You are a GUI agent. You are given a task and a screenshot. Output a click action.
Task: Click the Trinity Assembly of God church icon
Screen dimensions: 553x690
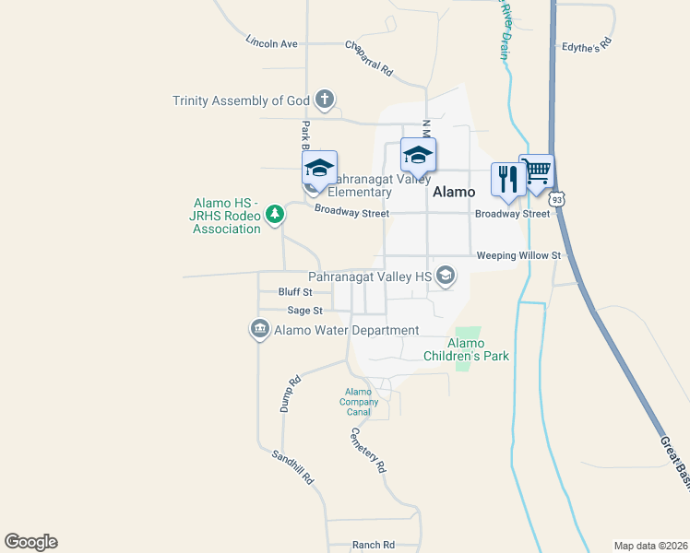click(x=324, y=100)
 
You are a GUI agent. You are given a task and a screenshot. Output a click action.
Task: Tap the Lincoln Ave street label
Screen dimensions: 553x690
click(x=272, y=42)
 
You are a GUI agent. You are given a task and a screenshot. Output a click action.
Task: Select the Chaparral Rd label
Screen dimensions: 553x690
click(x=369, y=56)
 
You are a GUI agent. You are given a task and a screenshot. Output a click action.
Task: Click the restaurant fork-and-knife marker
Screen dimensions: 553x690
click(x=506, y=178)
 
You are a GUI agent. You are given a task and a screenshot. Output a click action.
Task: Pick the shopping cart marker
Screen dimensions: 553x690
click(x=537, y=171)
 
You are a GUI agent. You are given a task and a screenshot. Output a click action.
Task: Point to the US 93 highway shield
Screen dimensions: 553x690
click(x=557, y=198)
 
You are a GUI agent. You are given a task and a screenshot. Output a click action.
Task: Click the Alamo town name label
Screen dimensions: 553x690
click(x=454, y=193)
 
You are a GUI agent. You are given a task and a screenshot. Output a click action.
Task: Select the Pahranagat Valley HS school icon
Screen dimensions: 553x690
click(x=446, y=276)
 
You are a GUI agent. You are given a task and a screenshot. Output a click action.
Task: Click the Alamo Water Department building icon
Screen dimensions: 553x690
click(x=259, y=329)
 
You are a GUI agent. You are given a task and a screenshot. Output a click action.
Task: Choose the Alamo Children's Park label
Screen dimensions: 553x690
click(x=466, y=349)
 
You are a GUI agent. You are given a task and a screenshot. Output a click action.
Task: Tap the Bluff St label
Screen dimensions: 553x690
click(x=295, y=292)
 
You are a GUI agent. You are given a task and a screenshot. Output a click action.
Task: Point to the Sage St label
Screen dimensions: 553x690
click(x=304, y=312)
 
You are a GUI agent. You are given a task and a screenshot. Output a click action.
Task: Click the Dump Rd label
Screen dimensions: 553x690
click(x=291, y=394)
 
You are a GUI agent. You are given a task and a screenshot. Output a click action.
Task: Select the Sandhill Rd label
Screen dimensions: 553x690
click(x=293, y=467)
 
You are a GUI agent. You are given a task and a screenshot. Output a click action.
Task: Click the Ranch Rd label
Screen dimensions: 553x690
click(x=374, y=545)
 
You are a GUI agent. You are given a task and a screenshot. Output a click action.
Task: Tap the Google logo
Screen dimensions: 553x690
click(x=30, y=542)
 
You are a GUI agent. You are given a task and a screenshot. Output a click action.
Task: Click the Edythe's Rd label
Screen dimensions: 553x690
click(x=587, y=44)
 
